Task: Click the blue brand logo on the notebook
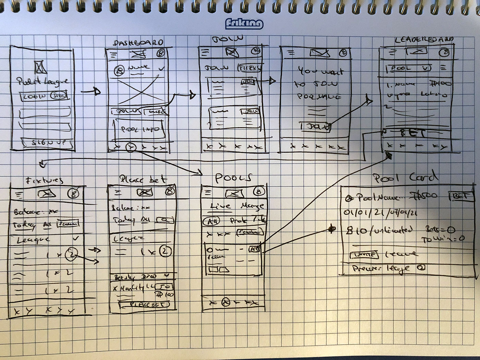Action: [x=244, y=24]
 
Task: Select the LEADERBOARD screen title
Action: [x=424, y=40]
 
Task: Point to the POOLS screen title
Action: [x=233, y=178]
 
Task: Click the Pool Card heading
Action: [x=405, y=178]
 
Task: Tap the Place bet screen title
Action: [x=143, y=179]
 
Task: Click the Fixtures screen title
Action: [x=45, y=180]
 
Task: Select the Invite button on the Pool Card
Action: [x=363, y=254]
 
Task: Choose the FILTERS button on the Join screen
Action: [x=250, y=68]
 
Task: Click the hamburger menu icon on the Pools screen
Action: [x=207, y=192]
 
